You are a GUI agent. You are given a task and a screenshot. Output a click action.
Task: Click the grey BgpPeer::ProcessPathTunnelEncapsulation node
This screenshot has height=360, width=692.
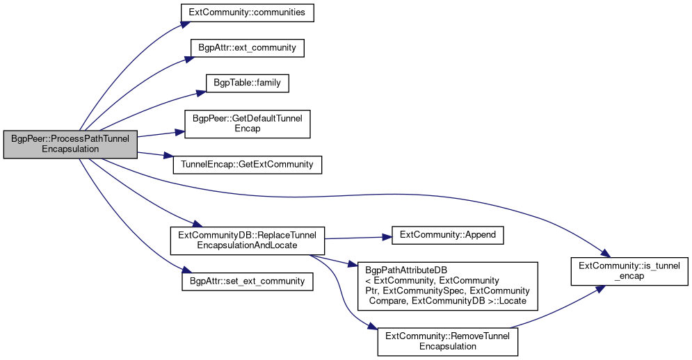70,145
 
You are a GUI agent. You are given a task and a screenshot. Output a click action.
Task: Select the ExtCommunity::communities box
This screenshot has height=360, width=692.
247,13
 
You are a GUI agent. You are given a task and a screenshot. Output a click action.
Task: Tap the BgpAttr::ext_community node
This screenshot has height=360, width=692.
247,48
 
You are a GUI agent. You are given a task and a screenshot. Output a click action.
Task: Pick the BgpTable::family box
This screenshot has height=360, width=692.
247,83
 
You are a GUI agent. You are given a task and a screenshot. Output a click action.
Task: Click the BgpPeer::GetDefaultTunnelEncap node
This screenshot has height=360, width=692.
247,124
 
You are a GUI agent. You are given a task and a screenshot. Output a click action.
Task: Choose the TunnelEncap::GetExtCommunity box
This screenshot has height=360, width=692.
247,165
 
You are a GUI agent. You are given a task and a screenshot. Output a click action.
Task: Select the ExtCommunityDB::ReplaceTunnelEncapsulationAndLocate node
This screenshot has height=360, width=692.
247,240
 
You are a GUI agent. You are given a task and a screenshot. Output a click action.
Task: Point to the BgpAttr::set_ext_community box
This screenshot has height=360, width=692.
247,281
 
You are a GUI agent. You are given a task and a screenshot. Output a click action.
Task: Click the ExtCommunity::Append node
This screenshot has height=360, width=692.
447,235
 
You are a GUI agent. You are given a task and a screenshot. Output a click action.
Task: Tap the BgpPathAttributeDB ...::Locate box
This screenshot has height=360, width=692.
447,286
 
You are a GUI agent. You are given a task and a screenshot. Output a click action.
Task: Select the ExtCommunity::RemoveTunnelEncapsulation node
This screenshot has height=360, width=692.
447,342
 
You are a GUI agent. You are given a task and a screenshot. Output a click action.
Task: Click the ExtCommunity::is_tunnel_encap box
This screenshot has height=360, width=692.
629,271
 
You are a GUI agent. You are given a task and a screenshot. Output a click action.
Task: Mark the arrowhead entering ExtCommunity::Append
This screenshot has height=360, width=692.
387,238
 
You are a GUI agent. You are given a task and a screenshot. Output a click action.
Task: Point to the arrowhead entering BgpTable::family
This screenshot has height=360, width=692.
201,92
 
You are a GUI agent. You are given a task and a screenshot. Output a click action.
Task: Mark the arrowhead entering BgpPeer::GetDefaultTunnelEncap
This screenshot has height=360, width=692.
179,132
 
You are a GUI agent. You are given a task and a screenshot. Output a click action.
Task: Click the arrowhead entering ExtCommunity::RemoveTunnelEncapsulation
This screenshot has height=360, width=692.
373,326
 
